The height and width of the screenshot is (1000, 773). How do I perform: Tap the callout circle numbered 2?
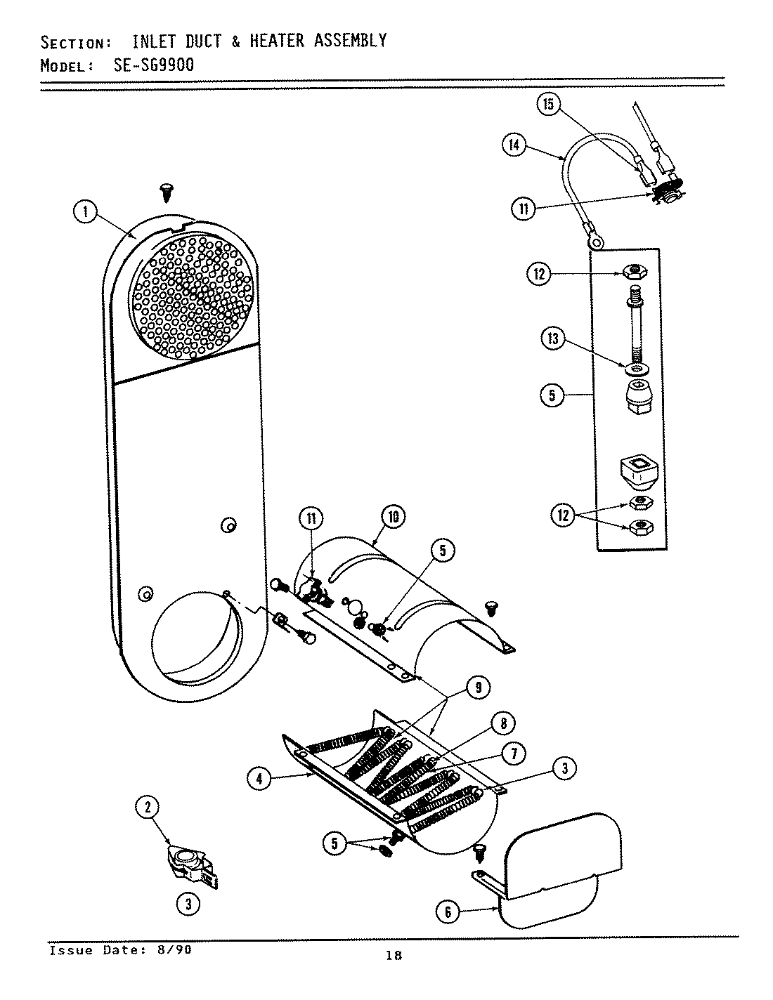(x=148, y=808)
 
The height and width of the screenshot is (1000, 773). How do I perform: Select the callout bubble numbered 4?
(x=260, y=777)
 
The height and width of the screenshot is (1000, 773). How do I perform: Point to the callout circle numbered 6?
(x=448, y=912)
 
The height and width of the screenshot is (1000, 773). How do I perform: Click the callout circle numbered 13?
(x=553, y=340)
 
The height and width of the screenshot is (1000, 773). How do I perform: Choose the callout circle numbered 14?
(x=514, y=145)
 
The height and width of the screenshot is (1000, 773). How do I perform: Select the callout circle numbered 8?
(x=503, y=723)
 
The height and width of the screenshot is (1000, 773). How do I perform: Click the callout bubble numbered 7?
(x=514, y=754)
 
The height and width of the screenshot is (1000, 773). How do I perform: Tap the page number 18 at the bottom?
(x=394, y=955)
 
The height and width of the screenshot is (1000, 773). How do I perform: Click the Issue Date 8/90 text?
(x=119, y=950)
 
